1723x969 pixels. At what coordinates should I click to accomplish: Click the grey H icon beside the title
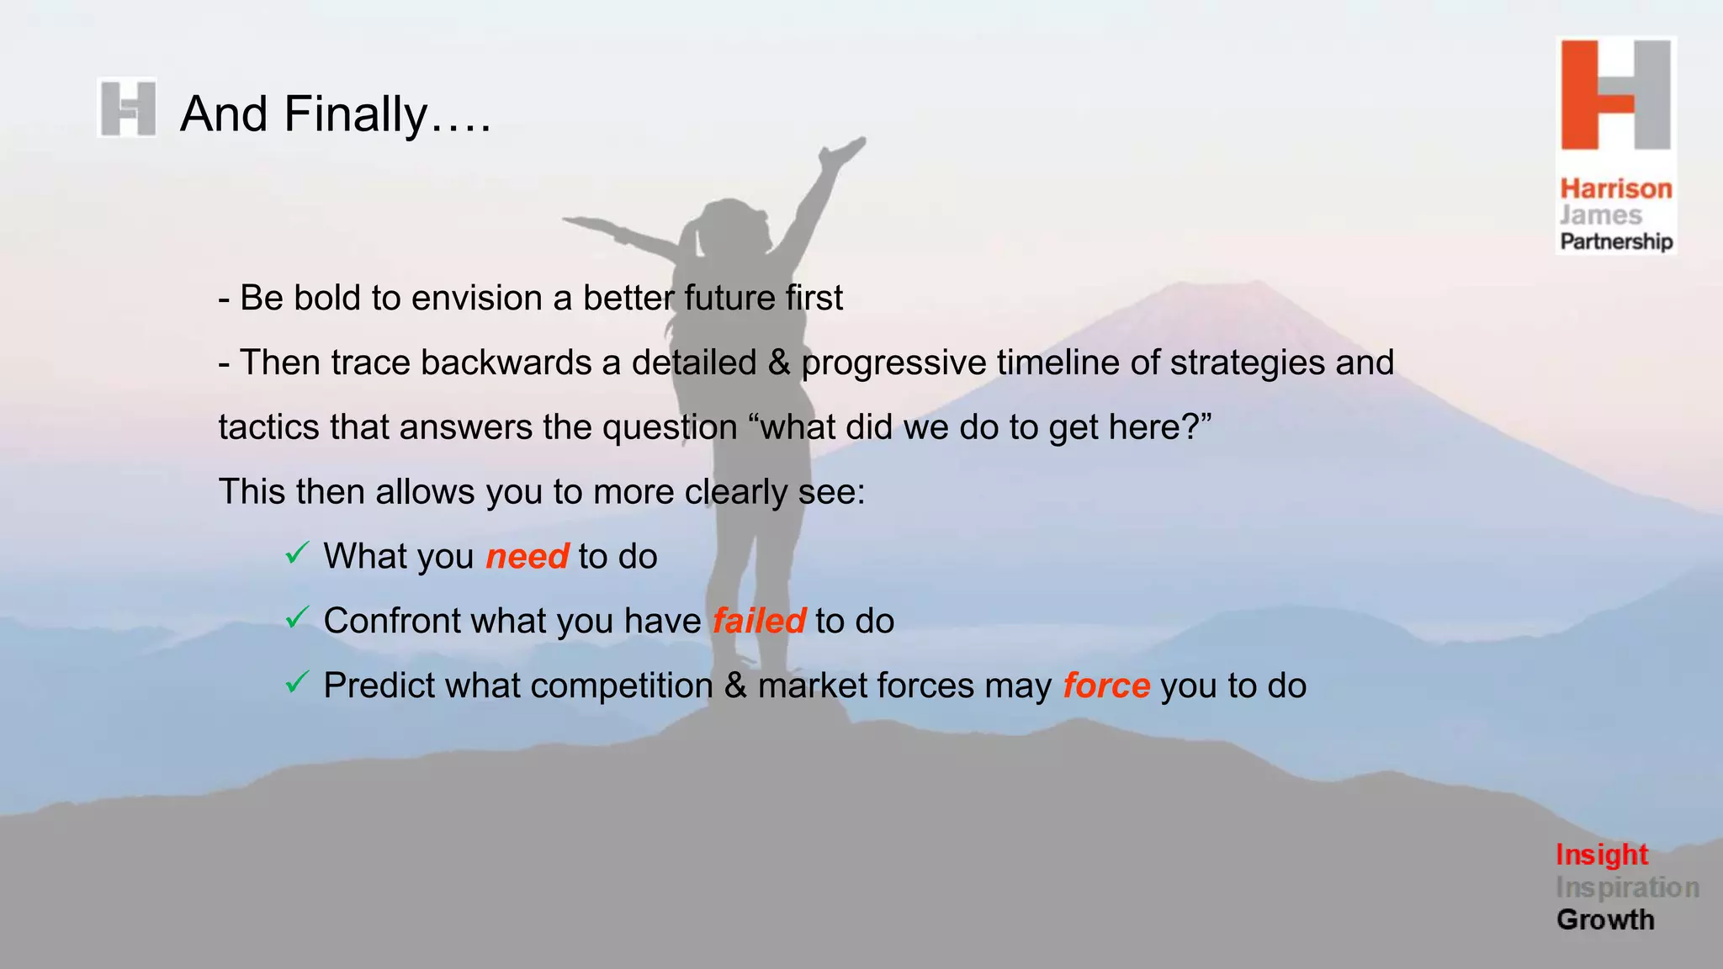click(x=127, y=108)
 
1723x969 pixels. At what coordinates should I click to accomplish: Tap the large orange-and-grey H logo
click(x=1615, y=95)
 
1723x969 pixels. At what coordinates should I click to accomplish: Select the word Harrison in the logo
click(x=1616, y=188)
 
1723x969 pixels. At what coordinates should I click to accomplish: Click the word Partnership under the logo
click(x=1616, y=241)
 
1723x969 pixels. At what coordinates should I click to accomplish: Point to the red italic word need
click(x=528, y=557)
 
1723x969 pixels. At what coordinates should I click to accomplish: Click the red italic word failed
click(x=759, y=622)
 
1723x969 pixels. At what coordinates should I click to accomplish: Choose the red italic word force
click(x=1105, y=686)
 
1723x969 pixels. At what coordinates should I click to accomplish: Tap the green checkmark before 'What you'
click(x=297, y=553)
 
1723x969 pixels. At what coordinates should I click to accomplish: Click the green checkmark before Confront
click(x=297, y=617)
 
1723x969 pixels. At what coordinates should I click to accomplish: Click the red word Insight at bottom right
click(x=1601, y=855)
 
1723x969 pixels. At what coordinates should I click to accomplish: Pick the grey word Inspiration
click(x=1627, y=887)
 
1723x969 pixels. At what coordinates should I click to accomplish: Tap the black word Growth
click(x=1605, y=919)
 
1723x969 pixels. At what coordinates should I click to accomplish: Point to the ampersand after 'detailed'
click(x=779, y=363)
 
